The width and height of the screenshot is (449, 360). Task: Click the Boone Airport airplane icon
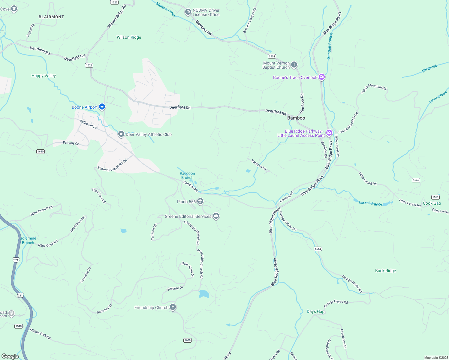point(102,107)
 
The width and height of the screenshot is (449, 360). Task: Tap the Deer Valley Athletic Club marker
point(121,134)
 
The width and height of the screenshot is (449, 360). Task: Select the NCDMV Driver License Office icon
point(188,12)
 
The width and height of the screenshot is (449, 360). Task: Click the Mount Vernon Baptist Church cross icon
point(294,64)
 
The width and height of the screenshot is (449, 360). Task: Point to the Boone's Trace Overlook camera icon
point(322,77)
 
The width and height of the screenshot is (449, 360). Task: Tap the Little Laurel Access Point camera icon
point(329,133)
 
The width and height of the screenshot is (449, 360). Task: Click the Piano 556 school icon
point(200,201)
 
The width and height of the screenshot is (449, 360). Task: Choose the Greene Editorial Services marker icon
point(216,216)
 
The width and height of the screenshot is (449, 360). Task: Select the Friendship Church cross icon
point(173,307)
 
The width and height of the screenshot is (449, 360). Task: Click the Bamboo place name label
point(296,118)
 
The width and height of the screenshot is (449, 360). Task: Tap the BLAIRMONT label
point(51,17)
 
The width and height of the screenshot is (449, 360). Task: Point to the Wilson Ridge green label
point(129,37)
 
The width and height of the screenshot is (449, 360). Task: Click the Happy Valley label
point(44,76)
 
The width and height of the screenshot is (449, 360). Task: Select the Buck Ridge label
point(385,271)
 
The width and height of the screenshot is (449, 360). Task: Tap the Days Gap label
point(315,311)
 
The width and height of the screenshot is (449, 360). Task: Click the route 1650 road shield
point(41,151)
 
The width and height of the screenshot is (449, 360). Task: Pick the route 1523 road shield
point(89,65)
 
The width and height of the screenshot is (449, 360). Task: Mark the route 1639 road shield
point(188,340)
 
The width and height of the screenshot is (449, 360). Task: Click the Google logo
point(10,356)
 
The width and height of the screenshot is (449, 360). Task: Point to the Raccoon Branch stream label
point(187,175)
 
